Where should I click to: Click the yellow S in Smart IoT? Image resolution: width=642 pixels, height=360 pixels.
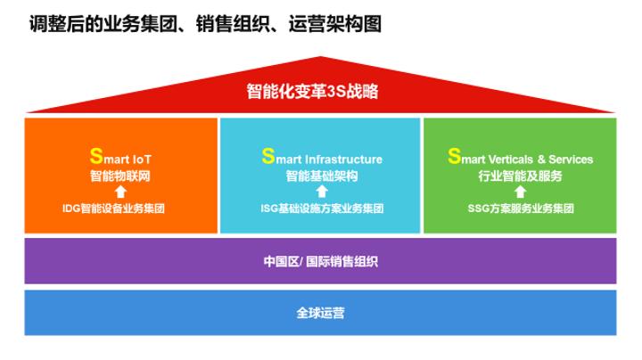[x=95, y=157]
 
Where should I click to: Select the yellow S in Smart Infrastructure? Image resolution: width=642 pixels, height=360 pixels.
[x=267, y=157]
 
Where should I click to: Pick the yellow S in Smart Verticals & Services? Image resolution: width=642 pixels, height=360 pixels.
[x=454, y=157]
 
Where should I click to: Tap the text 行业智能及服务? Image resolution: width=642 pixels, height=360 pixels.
[x=520, y=176]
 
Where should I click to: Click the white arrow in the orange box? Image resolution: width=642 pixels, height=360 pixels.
[x=120, y=192]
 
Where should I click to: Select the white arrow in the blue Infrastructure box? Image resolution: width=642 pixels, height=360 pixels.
[x=321, y=192]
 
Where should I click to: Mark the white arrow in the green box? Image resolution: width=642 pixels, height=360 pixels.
[x=520, y=192]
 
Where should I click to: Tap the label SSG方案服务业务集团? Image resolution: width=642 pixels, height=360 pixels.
[x=520, y=209]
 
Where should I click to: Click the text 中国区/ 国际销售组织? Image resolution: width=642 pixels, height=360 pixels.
[x=320, y=261]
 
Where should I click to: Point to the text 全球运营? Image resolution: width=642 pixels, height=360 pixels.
[x=320, y=313]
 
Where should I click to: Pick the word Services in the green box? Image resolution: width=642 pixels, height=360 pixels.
[x=571, y=160]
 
